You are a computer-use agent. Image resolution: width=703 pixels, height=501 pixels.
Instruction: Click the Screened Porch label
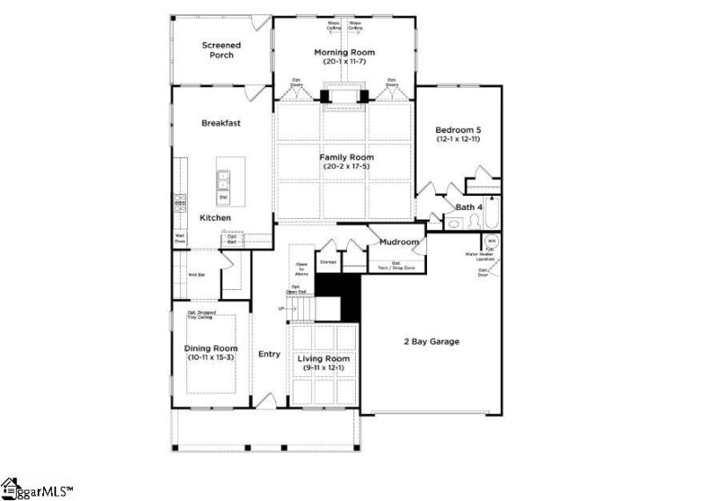click(221, 50)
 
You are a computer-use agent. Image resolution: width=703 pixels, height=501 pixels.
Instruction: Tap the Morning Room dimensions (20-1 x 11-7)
click(344, 63)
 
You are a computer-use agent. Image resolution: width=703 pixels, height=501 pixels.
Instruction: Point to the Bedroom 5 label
click(458, 130)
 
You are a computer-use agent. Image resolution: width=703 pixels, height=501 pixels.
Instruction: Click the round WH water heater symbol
click(491, 238)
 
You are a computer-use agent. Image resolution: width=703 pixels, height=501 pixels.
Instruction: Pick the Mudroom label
click(399, 242)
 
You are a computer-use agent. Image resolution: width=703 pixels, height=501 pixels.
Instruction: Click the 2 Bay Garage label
click(431, 341)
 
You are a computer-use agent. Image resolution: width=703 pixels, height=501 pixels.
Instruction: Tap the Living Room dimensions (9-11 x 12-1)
click(325, 368)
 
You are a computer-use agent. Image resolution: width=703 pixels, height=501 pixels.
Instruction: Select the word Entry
click(269, 355)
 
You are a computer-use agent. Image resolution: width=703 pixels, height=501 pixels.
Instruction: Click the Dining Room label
click(212, 349)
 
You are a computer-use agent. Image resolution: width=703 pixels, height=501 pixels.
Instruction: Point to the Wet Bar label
click(196, 274)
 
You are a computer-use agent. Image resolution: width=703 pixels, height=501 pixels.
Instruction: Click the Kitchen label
click(215, 217)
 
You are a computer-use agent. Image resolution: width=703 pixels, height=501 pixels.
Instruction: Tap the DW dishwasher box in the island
click(223, 197)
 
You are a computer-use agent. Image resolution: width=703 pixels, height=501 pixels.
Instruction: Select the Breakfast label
click(221, 123)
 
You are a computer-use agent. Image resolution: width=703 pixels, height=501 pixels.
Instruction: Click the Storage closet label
click(328, 262)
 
